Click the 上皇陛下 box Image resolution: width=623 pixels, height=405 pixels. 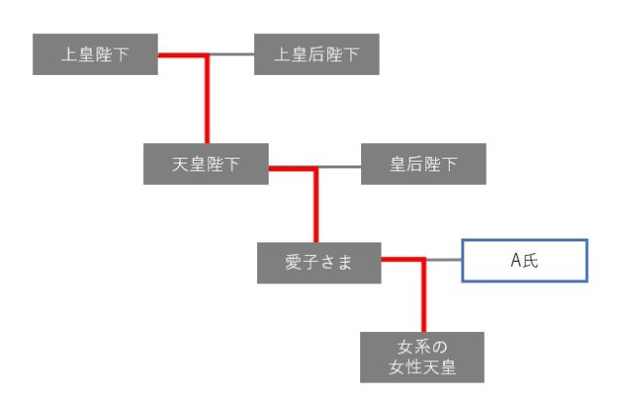point(94,55)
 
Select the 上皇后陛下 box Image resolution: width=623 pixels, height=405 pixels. point(316,55)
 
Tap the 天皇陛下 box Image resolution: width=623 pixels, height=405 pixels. point(205,165)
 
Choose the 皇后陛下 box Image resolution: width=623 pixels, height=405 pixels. point(423,165)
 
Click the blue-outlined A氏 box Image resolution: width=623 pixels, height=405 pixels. point(525,261)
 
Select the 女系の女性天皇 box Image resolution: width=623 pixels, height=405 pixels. point(422,356)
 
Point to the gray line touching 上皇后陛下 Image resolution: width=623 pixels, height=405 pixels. point(232,55)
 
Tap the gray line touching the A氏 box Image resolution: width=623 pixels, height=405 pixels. point(444,260)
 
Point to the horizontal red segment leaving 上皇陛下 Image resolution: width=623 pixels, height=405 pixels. point(181,55)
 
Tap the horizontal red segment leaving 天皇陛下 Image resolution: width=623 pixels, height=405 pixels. point(292,169)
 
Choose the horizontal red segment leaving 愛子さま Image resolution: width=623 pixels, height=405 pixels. point(402,260)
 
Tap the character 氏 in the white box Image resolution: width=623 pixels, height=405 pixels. point(531,261)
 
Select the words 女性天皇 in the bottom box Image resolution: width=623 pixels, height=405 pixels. point(422,367)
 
